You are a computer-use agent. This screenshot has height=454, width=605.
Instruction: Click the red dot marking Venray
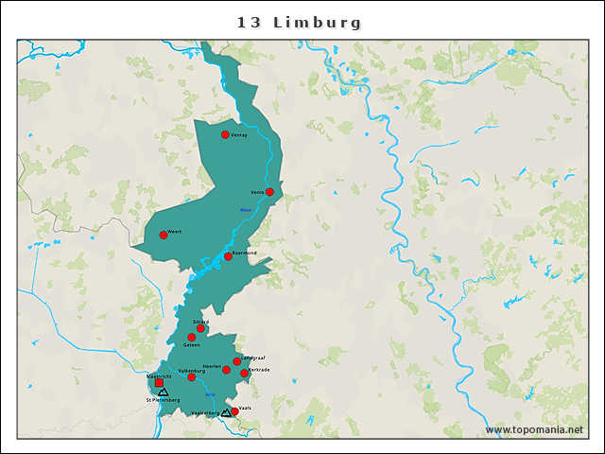point(225,134)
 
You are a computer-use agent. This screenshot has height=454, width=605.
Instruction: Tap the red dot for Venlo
point(269,192)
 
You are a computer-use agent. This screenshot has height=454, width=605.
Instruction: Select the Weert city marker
point(164,235)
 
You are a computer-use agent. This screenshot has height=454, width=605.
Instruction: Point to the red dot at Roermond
point(228,256)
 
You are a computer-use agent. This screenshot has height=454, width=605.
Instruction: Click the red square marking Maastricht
point(159,383)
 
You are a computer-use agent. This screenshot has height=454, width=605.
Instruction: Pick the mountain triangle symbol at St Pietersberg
point(164,392)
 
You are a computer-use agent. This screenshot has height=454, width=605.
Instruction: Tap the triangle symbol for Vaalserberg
point(226,412)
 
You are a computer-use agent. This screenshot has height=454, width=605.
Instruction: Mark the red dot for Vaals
point(234,411)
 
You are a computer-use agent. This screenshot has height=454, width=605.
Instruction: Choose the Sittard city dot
point(200,329)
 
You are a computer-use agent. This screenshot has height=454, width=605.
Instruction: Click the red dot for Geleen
point(191,338)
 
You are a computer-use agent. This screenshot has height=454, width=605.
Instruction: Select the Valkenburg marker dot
point(191,377)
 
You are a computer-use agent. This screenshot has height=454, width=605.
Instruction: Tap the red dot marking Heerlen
point(226,370)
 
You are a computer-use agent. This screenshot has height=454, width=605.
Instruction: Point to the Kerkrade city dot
point(245,373)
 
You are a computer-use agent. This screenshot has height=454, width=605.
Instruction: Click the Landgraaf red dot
point(237,361)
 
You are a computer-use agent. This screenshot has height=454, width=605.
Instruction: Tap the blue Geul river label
point(210,394)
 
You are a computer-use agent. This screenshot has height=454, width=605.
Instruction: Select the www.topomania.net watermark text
point(534,430)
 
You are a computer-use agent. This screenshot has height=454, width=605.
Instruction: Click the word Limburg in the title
point(317,22)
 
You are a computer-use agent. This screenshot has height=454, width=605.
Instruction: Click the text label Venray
point(239,134)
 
